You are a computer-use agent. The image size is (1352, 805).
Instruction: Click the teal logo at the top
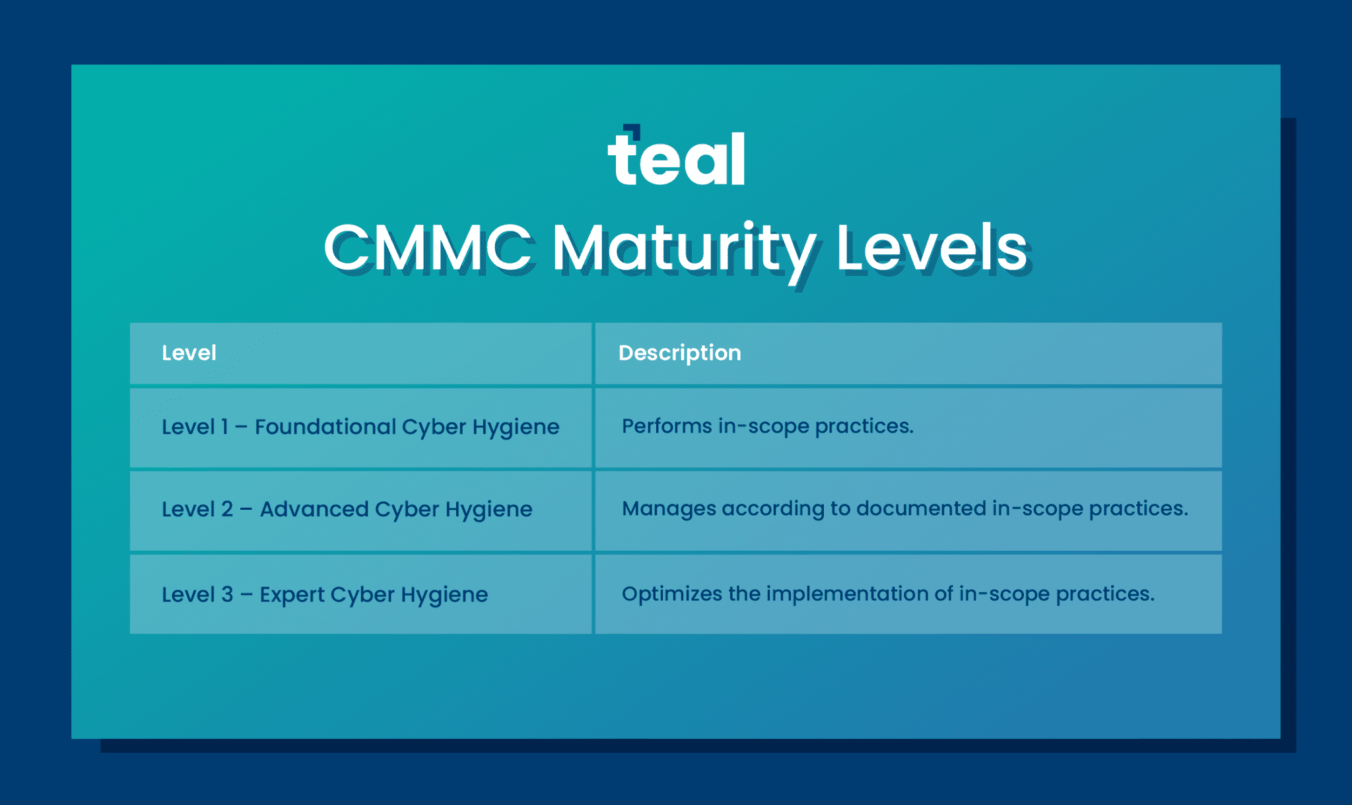tap(676, 158)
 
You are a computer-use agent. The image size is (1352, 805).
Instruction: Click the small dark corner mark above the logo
tap(633, 130)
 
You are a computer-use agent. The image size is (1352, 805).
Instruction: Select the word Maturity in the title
tap(684, 248)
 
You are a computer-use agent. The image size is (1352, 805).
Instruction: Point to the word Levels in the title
tap(931, 248)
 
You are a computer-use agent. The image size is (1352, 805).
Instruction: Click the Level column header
tap(189, 353)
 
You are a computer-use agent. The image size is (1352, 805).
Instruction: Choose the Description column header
tap(679, 353)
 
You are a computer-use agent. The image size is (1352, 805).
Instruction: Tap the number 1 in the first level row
tap(224, 427)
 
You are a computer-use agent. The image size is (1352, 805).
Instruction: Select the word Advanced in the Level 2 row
tap(314, 509)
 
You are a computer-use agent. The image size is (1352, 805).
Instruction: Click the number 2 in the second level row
tap(226, 509)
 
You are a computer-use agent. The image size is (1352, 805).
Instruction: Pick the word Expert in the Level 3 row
tap(291, 594)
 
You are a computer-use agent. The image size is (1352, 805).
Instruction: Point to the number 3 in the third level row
tap(226, 594)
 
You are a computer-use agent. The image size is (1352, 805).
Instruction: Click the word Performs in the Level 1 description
tap(667, 426)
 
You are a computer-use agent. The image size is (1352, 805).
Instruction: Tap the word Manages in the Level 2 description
tap(669, 508)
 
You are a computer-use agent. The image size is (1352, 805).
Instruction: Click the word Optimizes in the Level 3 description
tap(672, 594)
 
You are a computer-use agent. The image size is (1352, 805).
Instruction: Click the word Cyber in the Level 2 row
tap(407, 510)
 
